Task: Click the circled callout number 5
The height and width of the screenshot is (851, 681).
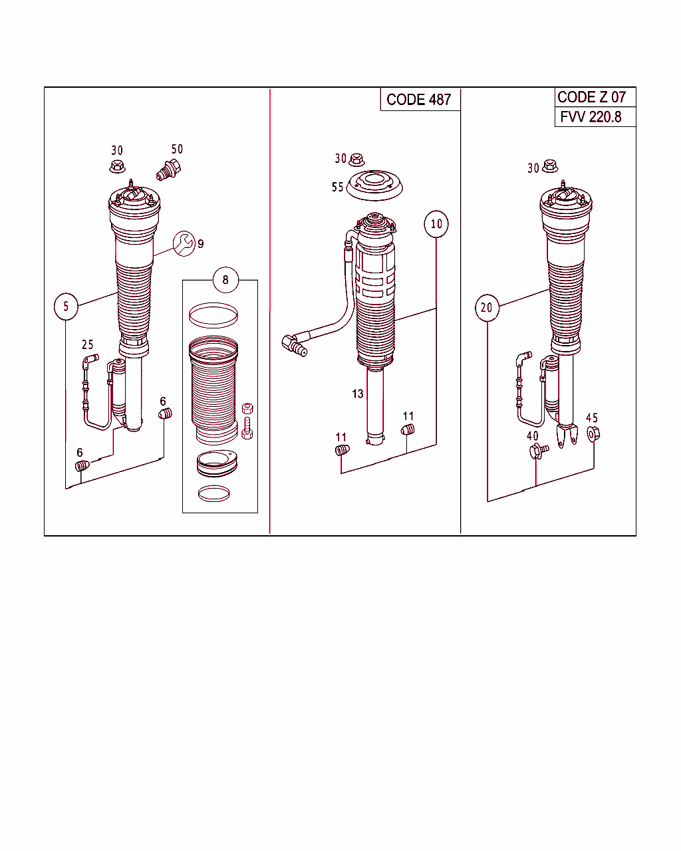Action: pos(66,306)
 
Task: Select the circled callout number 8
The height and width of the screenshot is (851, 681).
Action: pos(225,280)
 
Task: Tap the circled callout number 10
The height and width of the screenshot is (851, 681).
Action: pos(436,224)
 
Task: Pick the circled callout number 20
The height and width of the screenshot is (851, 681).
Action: pos(487,308)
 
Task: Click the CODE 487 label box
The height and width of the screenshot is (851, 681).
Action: pos(420,100)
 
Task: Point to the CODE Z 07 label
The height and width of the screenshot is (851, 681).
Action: pos(591,97)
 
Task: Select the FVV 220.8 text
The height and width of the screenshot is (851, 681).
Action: pos(591,117)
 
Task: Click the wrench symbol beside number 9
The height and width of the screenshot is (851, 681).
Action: pos(183,243)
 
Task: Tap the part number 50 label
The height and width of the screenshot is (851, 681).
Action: pos(177,149)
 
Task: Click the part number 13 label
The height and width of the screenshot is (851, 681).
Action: pos(358,394)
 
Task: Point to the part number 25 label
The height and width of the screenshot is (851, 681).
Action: pos(88,344)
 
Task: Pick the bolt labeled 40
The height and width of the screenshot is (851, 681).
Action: pos(538,451)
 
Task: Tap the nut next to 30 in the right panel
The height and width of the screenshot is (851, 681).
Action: pos(550,166)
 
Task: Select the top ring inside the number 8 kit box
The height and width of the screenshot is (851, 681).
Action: pos(213,315)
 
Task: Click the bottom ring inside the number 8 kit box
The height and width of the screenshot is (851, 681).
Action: pos(213,493)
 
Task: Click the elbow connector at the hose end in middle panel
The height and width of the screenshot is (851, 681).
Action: pos(293,344)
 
